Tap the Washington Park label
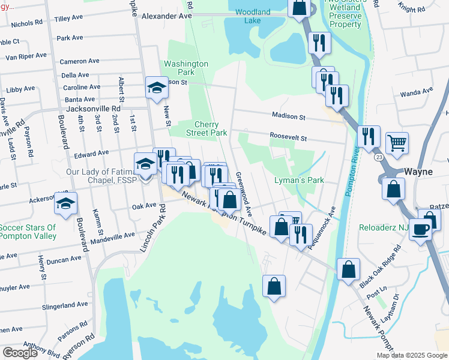[186, 68]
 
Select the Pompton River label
[353, 174]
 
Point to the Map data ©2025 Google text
[411, 355]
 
